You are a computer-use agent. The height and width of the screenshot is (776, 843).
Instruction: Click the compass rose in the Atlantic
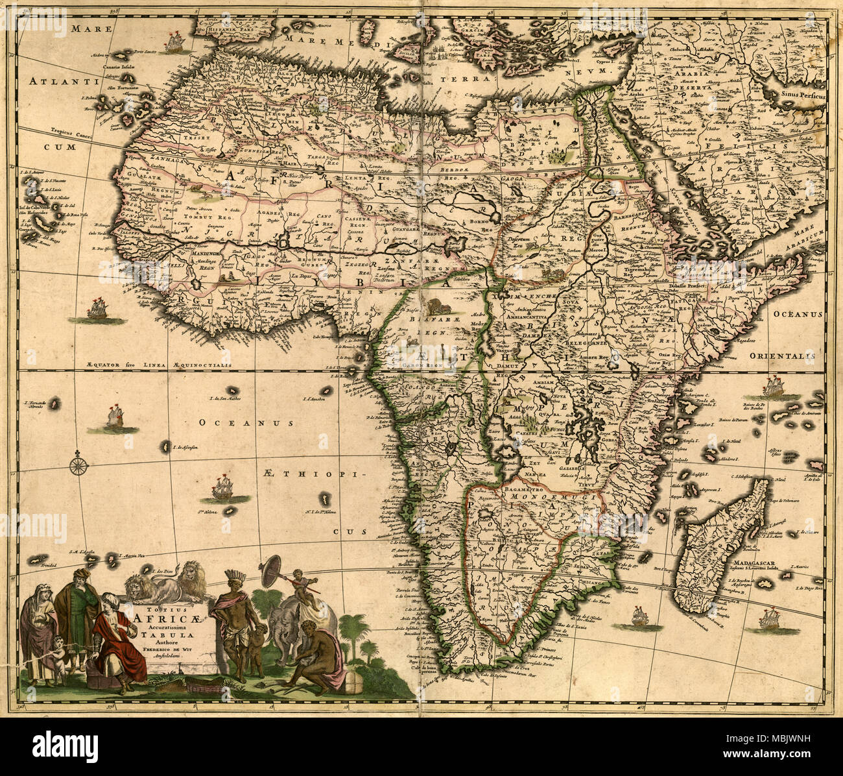click(x=78, y=465)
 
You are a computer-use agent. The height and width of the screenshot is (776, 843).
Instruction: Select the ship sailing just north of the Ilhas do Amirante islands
click(x=773, y=387)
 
